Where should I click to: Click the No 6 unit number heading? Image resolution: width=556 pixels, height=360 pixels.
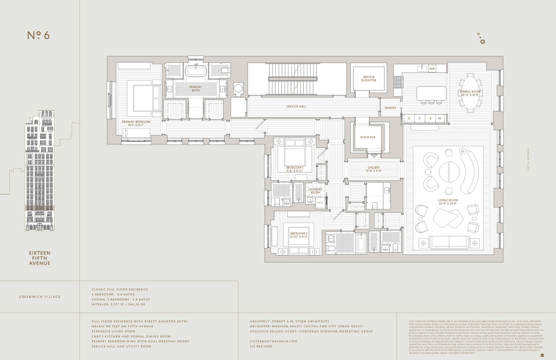(x=39, y=35)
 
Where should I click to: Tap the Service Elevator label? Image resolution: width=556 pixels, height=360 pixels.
(x=369, y=79)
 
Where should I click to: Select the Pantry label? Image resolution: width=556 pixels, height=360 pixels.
(x=390, y=108)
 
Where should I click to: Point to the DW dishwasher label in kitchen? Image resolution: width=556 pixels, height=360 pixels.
(x=432, y=69)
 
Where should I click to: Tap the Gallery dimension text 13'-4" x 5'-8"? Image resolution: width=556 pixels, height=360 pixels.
(x=374, y=171)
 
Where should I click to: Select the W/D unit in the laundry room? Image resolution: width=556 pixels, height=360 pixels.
(x=320, y=202)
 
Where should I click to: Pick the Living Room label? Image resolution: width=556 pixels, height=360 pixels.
(x=448, y=200)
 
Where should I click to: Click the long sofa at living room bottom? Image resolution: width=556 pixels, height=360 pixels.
(x=449, y=242)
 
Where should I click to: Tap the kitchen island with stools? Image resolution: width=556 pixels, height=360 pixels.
(x=431, y=93)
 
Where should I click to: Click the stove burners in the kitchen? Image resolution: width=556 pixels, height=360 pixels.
(x=398, y=82)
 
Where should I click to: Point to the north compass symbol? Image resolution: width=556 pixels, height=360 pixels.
(x=481, y=39)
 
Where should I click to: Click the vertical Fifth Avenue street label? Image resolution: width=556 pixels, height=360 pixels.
(x=528, y=159)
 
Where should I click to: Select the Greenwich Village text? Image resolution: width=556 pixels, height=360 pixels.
(x=40, y=297)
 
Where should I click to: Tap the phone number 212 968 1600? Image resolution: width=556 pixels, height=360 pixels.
(x=261, y=346)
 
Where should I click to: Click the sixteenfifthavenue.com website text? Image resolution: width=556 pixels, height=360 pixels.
(x=274, y=341)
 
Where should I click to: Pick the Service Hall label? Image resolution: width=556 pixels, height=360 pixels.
(x=296, y=106)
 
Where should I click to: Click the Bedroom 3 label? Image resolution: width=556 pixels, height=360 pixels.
(x=295, y=168)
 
